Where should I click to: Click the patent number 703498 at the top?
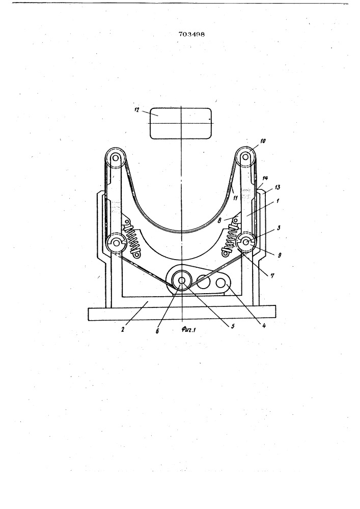click(x=191, y=34)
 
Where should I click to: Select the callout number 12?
click(x=136, y=110)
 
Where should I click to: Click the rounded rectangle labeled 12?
click(x=181, y=123)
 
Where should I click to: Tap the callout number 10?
click(x=263, y=141)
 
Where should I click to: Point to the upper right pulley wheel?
click(x=246, y=157)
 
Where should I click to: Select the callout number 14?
click(x=265, y=178)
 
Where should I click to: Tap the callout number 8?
click(x=220, y=220)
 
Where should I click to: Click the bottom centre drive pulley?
click(x=181, y=280)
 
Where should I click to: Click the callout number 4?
click(x=263, y=326)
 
